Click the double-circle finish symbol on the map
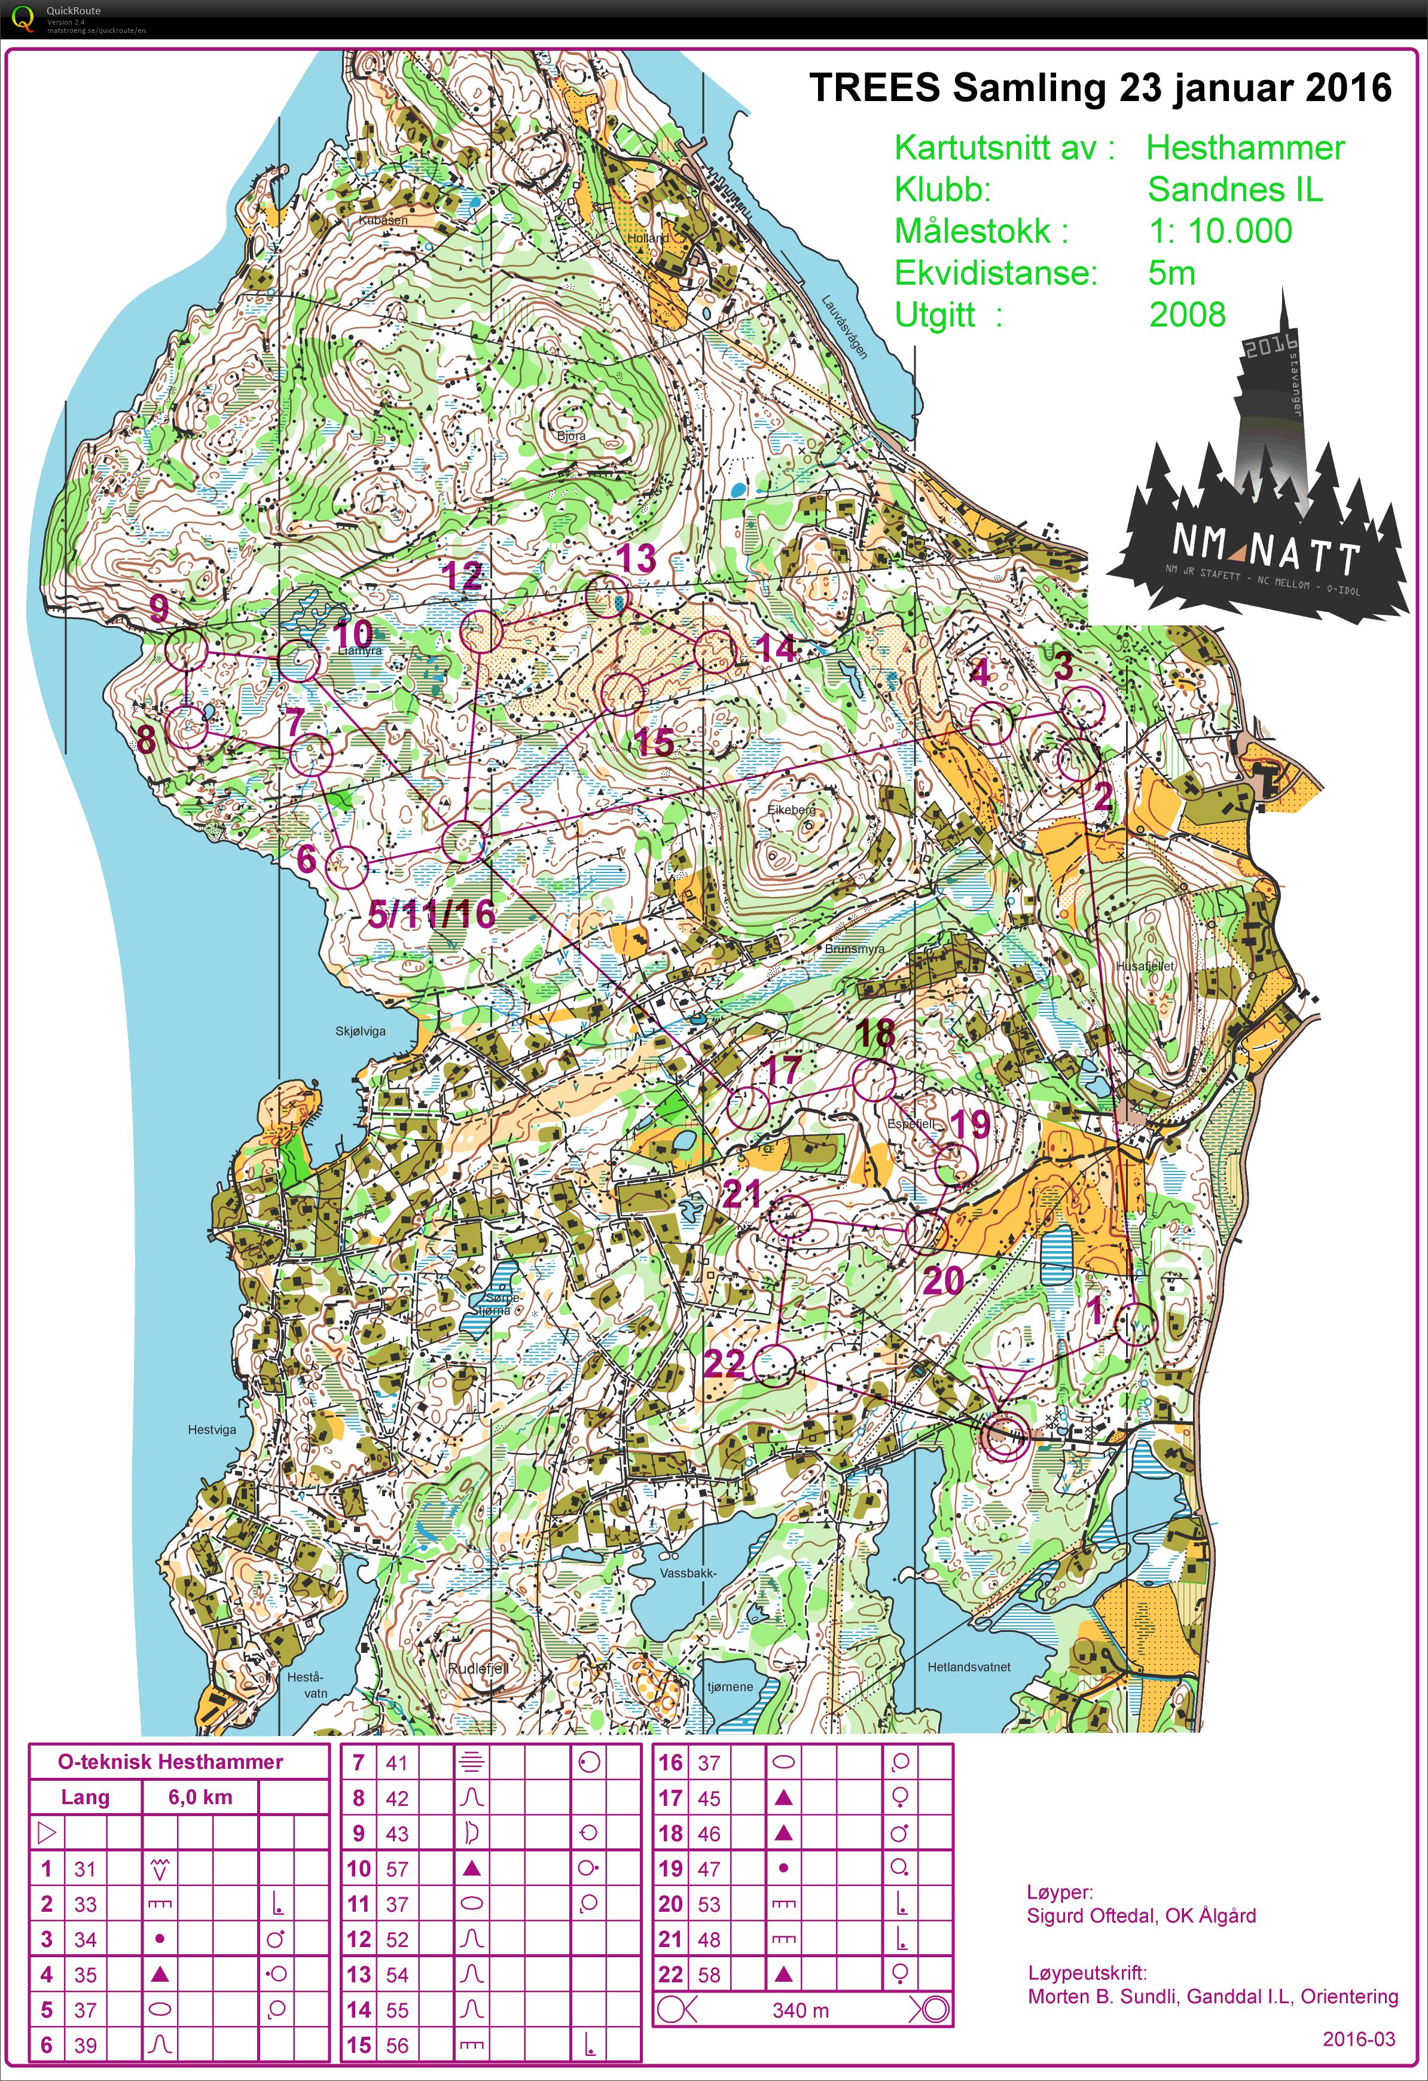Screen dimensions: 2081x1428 (x=1003, y=1436)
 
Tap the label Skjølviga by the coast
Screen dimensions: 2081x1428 (x=361, y=1031)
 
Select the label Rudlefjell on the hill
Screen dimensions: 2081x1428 (x=478, y=1668)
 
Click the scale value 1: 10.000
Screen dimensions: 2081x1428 (x=1220, y=231)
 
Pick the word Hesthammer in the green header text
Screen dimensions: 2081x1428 (x=1246, y=148)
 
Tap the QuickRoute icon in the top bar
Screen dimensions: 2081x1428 (x=22, y=18)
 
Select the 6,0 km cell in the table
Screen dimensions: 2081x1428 (x=200, y=1797)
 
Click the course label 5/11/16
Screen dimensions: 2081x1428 (x=432, y=914)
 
